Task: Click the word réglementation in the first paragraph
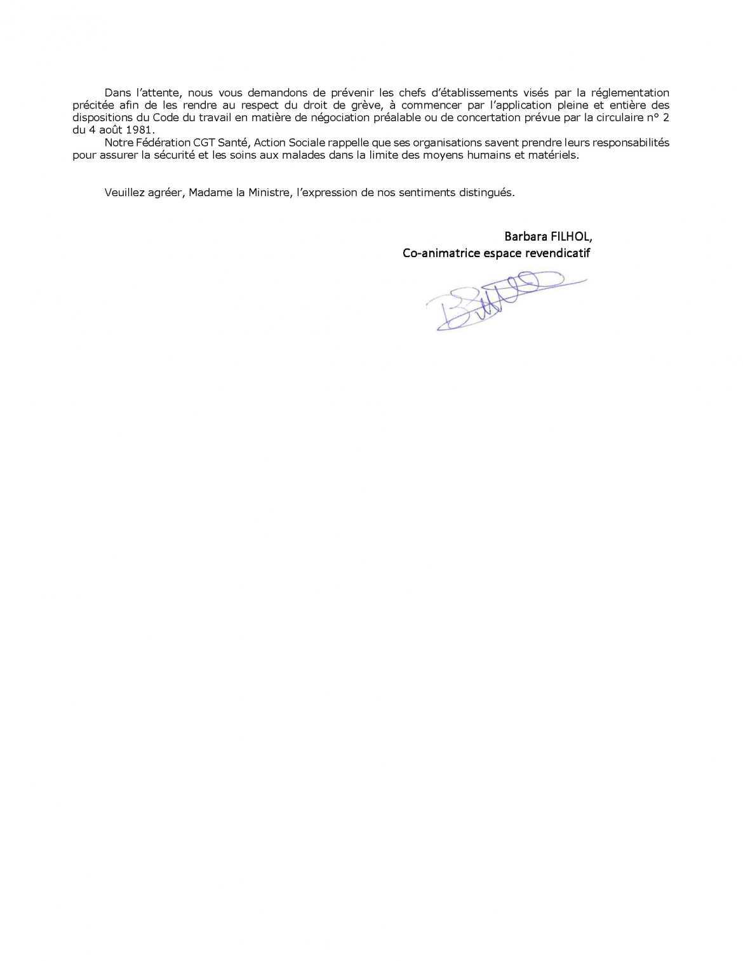(x=629, y=93)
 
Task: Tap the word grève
(x=368, y=105)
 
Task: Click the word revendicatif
(x=559, y=253)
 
